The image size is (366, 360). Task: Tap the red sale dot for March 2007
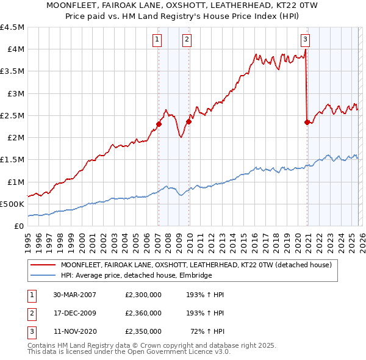pyautogui.click(x=159, y=124)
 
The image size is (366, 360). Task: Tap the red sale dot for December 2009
pyautogui.click(x=188, y=121)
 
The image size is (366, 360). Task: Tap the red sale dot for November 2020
pyautogui.click(x=306, y=122)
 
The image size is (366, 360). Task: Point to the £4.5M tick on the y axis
pyautogui.click(x=13, y=27)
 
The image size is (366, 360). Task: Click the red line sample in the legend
pyautogui.click(x=42, y=265)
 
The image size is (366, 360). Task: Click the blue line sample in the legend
pyautogui.click(x=42, y=276)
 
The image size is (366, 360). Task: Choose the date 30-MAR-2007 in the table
pyautogui.click(x=74, y=295)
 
